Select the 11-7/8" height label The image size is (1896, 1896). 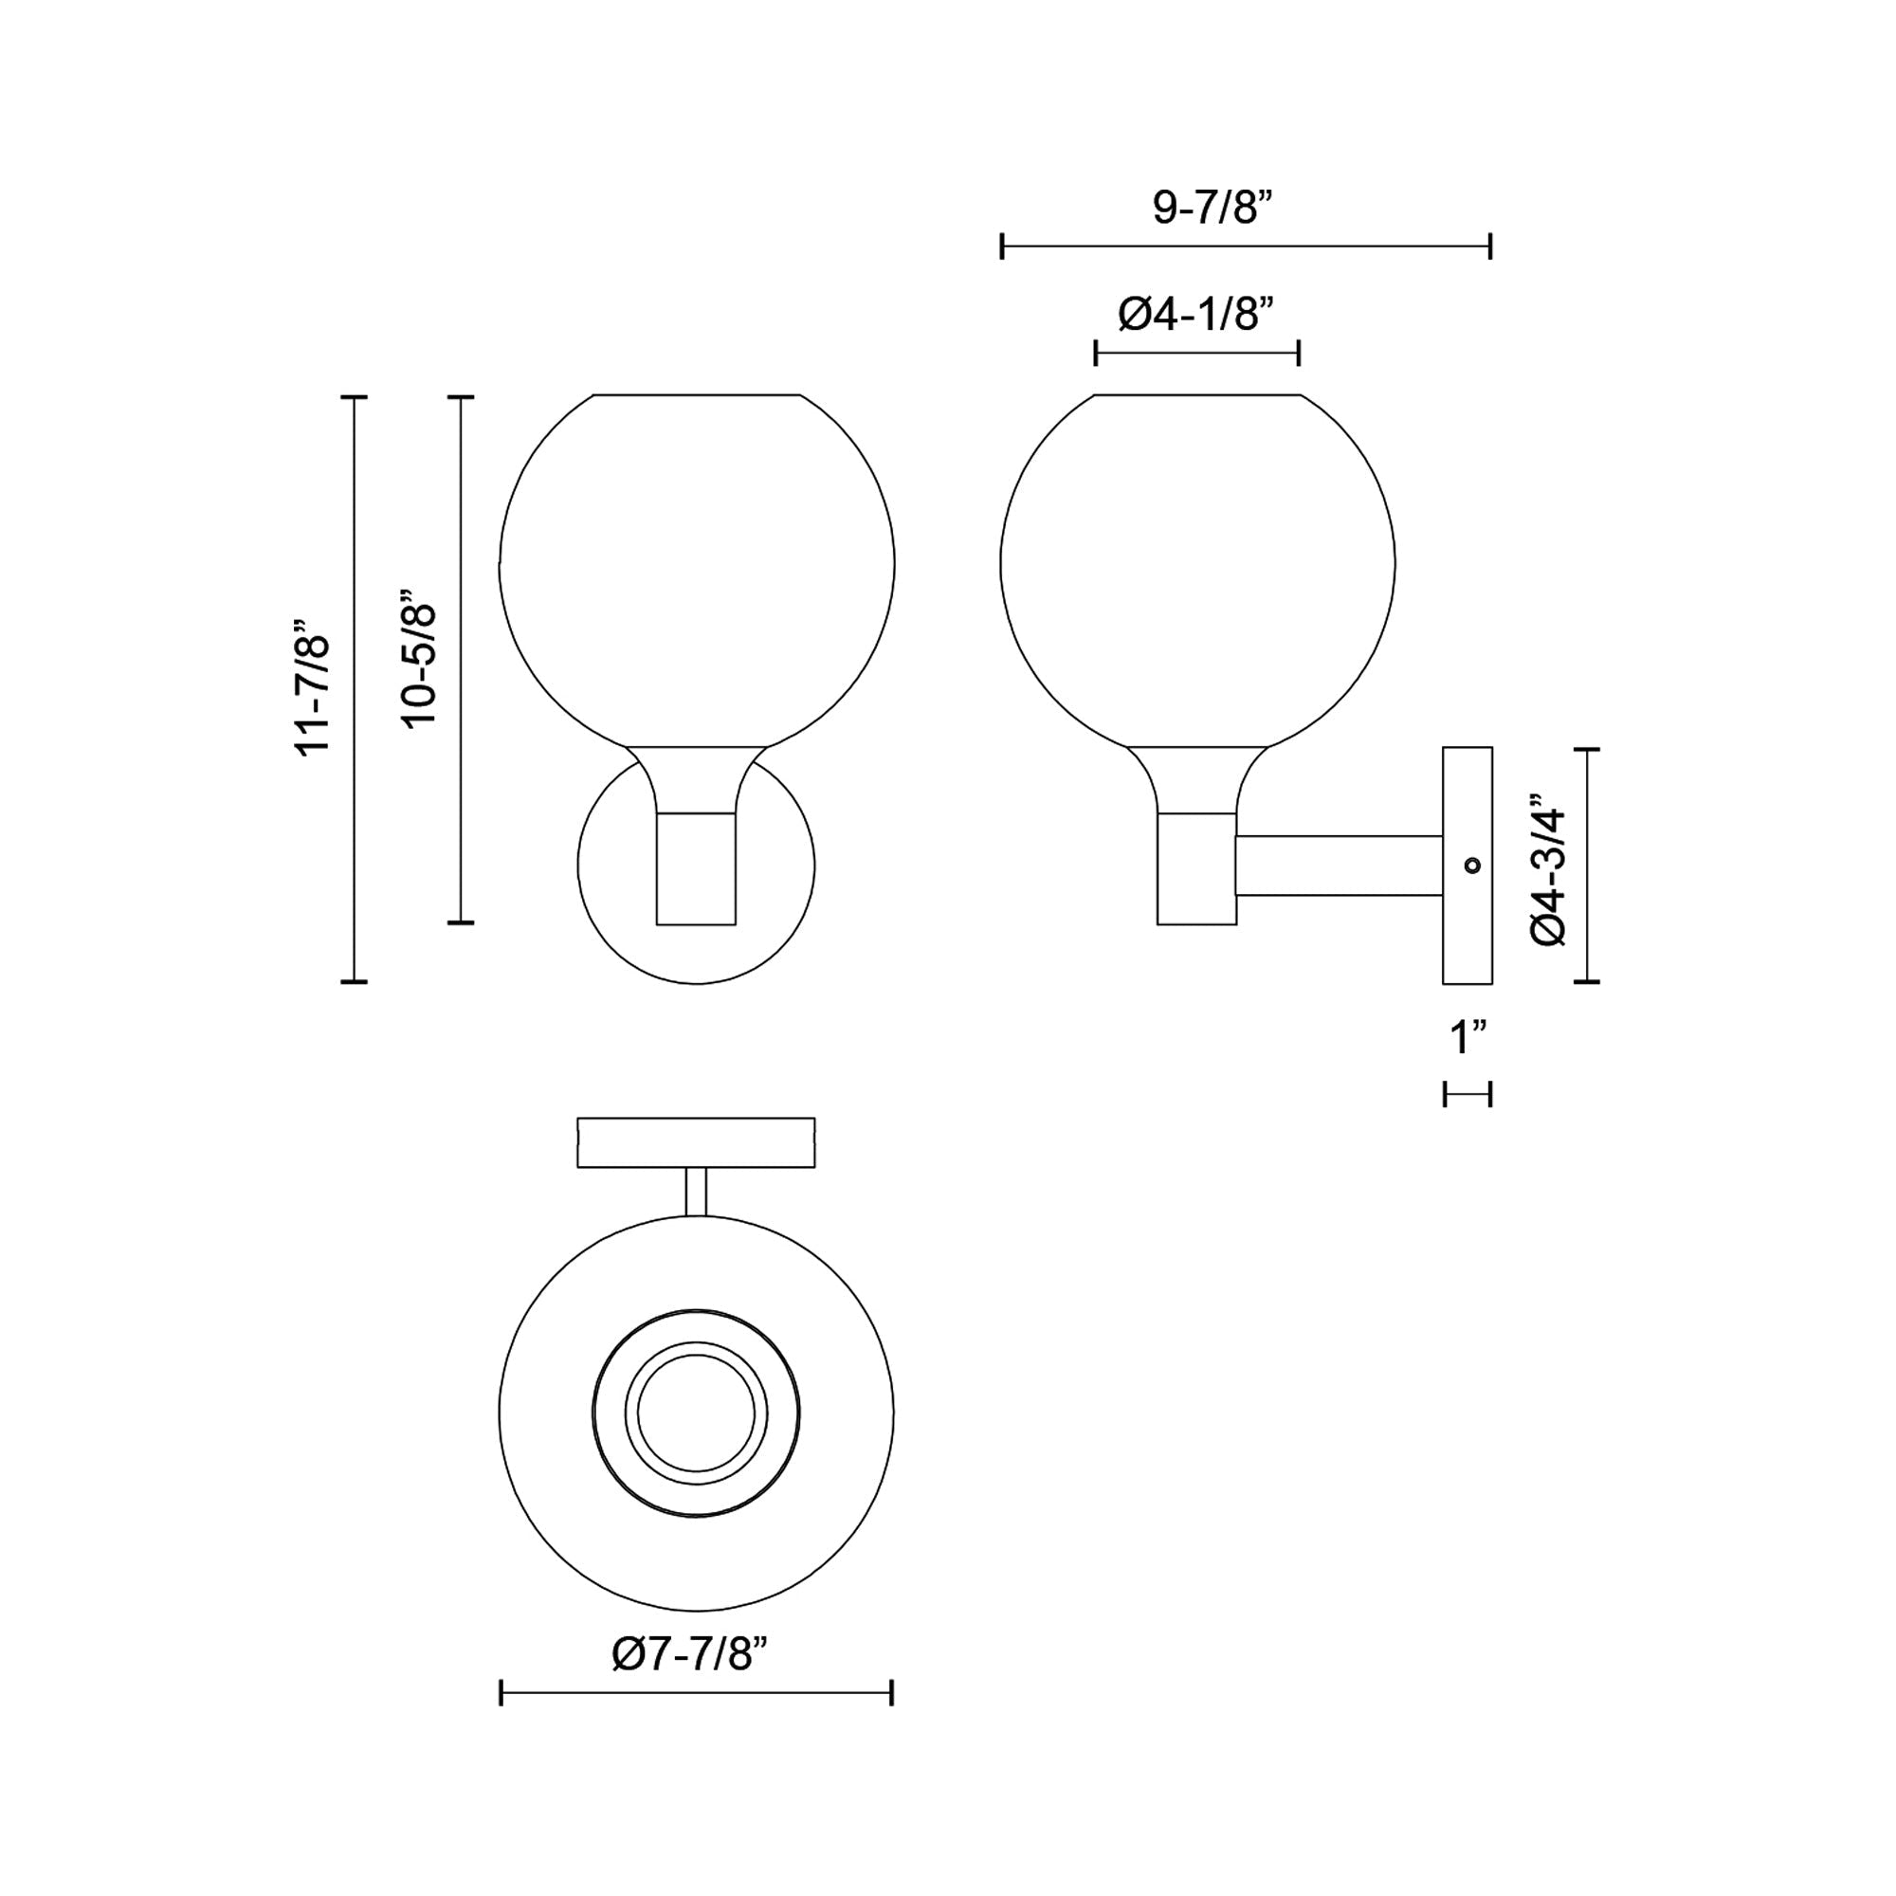click(314, 687)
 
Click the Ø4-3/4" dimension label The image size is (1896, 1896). click(1550, 865)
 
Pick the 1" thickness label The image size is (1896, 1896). click(1468, 1037)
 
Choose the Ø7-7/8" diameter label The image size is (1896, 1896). click(688, 1654)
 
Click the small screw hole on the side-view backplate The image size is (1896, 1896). click(1471, 865)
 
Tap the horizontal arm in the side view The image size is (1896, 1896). click(1339, 865)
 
